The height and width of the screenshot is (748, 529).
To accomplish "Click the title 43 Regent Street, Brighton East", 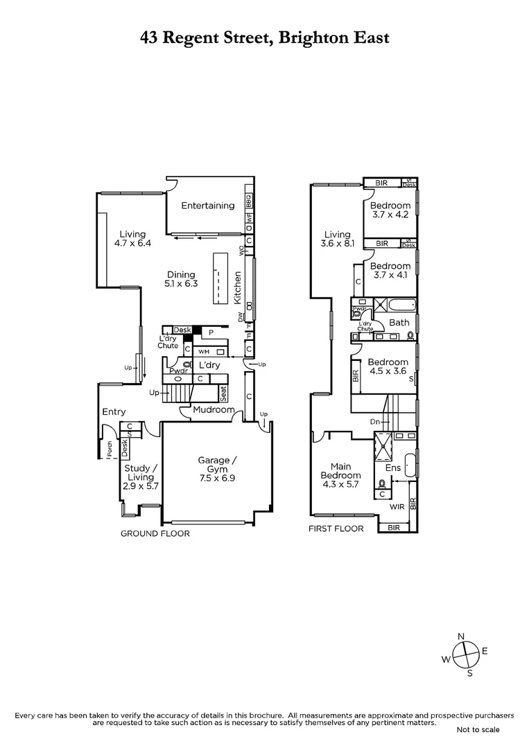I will (x=264, y=38).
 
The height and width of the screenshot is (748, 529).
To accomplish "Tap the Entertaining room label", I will (x=207, y=206).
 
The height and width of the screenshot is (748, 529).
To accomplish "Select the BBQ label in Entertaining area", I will (x=248, y=202).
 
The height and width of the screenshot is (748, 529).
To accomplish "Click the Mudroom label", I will (x=214, y=410).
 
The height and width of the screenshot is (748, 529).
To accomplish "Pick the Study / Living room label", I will (x=141, y=477).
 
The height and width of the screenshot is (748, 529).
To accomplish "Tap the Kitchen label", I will (x=237, y=288).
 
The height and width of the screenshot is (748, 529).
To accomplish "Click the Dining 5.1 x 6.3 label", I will (x=180, y=279).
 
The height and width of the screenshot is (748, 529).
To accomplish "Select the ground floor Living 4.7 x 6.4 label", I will (x=132, y=239).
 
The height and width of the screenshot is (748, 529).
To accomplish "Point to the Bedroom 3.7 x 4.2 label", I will (x=390, y=210).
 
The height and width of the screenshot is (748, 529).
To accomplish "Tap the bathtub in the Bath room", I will (x=397, y=305).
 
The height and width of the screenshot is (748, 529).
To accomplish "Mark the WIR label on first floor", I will (x=397, y=507).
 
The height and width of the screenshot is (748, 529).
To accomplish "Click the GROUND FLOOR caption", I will (x=155, y=533).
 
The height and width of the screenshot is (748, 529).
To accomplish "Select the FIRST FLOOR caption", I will (x=336, y=528).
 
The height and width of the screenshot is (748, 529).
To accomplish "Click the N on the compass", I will (x=461, y=636).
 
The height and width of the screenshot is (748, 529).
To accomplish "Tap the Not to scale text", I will (x=478, y=729).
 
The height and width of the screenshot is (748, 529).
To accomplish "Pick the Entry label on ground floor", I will (x=114, y=412).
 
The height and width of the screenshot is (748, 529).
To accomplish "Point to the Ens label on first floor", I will (x=392, y=467).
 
